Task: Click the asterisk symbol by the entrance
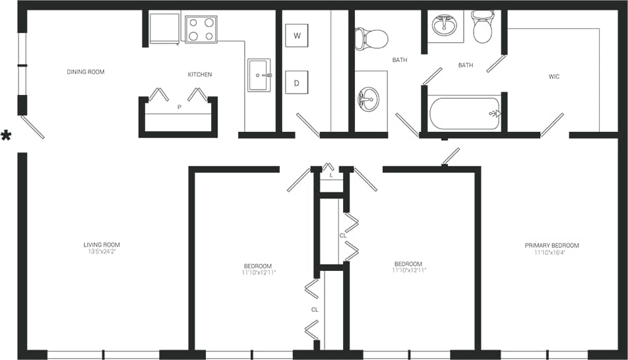7,136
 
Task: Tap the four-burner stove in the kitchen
201,29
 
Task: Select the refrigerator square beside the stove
164,28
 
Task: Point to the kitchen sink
259,75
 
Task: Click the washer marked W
297,36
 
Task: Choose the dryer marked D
297,83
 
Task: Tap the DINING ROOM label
86,72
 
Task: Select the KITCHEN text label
200,75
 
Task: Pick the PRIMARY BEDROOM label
551,245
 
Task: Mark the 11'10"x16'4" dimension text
551,253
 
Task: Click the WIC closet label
554,76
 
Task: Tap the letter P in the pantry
178,107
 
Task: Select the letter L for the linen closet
331,175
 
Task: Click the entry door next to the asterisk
32,127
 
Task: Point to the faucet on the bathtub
494,113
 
